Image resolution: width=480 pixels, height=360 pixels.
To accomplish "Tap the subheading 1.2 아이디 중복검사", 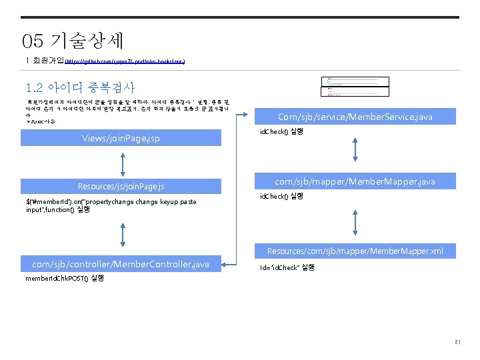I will (80, 87).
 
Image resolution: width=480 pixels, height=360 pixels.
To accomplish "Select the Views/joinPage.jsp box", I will (121, 139).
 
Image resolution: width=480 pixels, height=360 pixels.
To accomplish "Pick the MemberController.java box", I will (125, 265).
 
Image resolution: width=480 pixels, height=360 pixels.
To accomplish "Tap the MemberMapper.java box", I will (355, 181).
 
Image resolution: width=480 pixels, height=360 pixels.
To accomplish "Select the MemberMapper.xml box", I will (355, 251).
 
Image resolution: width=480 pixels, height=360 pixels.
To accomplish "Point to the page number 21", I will (457, 343).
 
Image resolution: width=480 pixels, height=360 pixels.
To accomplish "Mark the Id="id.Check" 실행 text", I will (287, 267).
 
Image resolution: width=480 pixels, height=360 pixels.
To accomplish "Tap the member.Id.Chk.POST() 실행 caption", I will (65, 278).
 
